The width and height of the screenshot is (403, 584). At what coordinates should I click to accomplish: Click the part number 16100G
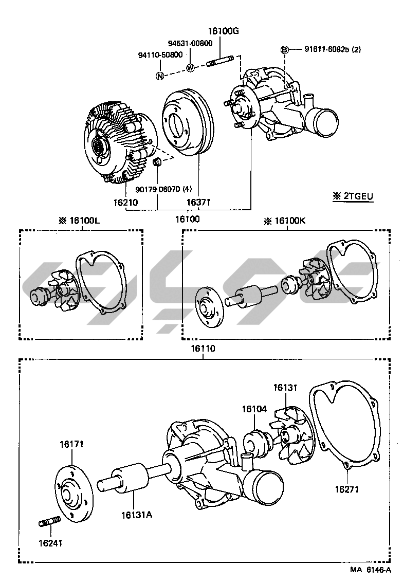click(x=224, y=31)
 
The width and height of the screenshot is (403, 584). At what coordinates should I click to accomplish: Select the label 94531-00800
click(x=190, y=43)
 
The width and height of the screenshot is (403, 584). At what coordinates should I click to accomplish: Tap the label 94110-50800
click(x=160, y=54)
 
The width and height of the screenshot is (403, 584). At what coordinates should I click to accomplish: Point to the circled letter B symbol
click(x=284, y=49)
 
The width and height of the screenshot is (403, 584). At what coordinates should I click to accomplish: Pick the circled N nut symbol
click(x=160, y=76)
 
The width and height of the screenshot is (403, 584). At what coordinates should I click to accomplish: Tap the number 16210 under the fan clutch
click(x=125, y=203)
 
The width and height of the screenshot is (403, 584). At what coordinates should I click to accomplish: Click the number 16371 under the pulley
click(x=198, y=203)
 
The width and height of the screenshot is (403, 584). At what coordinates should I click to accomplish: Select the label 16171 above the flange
click(x=71, y=444)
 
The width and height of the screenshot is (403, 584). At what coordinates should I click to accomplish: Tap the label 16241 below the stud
click(x=49, y=542)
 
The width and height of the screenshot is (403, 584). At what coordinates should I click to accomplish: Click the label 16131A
click(x=137, y=514)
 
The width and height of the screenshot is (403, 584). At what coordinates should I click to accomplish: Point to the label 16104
click(x=254, y=409)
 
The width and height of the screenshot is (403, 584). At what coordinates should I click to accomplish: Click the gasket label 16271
click(x=347, y=489)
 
